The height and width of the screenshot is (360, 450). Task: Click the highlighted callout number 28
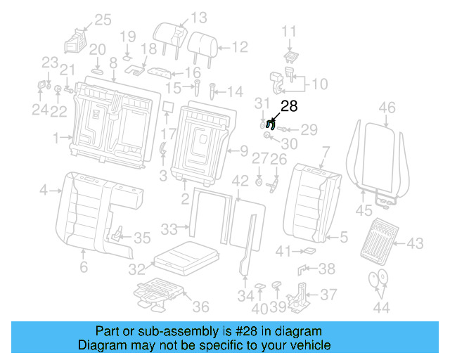click(x=290, y=106)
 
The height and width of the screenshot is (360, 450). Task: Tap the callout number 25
click(x=103, y=20)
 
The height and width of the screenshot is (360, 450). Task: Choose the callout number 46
click(x=387, y=108)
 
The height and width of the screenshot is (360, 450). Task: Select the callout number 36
click(x=201, y=307)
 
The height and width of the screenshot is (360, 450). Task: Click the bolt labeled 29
click(x=285, y=129)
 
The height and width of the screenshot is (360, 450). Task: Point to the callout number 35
click(x=142, y=238)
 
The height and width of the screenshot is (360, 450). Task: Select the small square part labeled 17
click(x=169, y=108)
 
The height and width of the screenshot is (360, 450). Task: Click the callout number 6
click(x=83, y=267)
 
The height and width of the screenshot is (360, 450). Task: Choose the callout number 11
click(x=290, y=30)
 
